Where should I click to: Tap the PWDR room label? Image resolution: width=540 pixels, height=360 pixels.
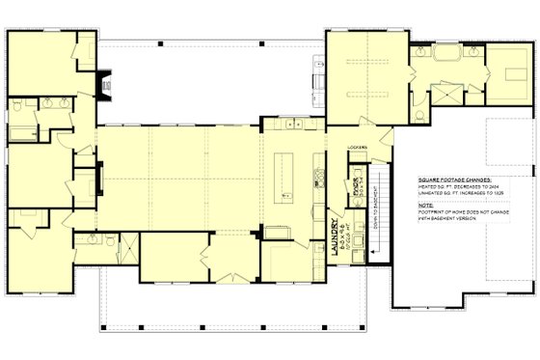[x=357, y=180]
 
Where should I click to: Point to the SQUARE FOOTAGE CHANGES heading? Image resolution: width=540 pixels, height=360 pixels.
[x=455, y=180]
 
